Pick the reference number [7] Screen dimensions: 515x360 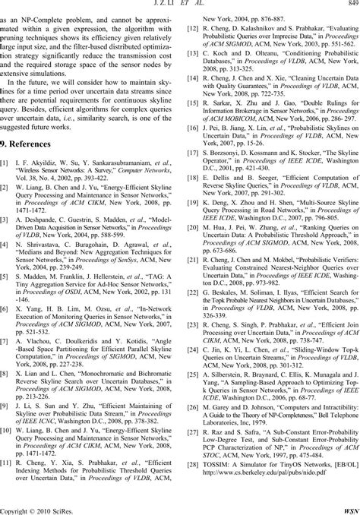[6, 323]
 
